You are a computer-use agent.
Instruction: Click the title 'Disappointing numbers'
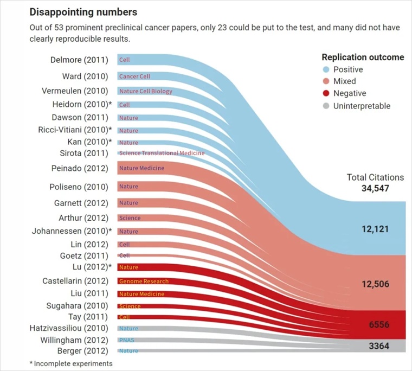point(83,11)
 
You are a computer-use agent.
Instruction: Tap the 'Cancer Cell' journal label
point(134,76)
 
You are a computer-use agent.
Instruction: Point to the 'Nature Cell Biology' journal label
point(145,91)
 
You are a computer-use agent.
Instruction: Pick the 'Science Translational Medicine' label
point(162,153)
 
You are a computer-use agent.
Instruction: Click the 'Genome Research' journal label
point(144,282)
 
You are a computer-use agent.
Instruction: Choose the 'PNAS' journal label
point(126,341)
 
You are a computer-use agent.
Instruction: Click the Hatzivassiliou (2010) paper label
point(69,328)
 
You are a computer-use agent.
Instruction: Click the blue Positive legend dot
point(326,69)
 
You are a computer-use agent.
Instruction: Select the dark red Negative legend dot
point(326,93)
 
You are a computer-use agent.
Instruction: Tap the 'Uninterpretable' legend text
point(362,106)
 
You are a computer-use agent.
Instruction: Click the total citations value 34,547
point(375,189)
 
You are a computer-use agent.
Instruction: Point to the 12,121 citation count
point(375,229)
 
